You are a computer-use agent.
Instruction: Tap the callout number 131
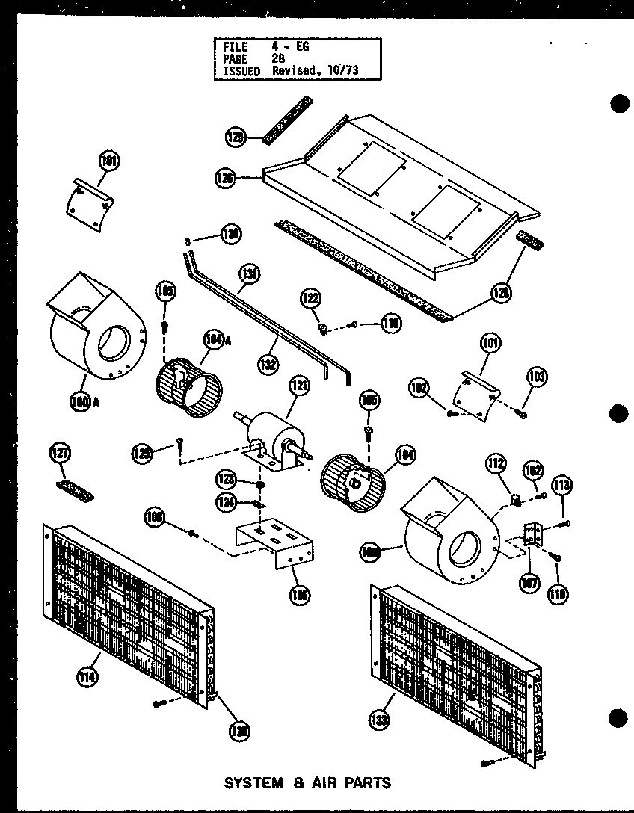click(x=250, y=274)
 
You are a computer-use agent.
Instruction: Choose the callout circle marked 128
click(x=501, y=294)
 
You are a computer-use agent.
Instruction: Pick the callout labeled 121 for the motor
click(x=298, y=387)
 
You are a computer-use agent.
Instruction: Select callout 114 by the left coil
click(x=85, y=678)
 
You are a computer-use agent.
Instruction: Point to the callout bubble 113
click(x=562, y=486)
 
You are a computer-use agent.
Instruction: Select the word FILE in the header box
click(x=236, y=46)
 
